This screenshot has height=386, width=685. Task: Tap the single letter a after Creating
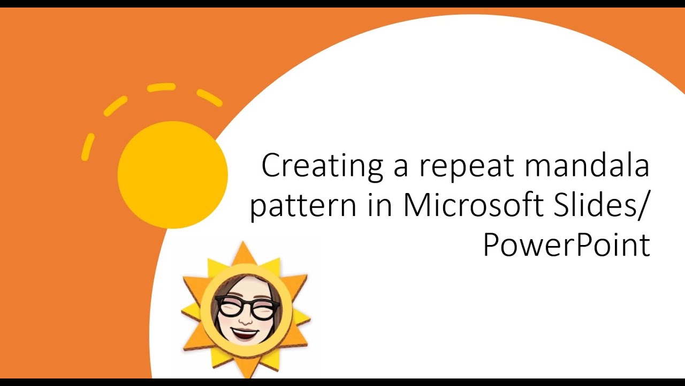[400, 168]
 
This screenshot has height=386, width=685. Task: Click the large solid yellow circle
[172, 175]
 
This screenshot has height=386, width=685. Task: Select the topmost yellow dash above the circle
[161, 87]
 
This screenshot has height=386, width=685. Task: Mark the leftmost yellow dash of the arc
[88, 147]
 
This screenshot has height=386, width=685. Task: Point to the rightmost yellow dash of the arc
[209, 98]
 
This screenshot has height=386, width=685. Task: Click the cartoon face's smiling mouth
[246, 333]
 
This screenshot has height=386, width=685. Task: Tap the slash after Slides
[642, 206]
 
